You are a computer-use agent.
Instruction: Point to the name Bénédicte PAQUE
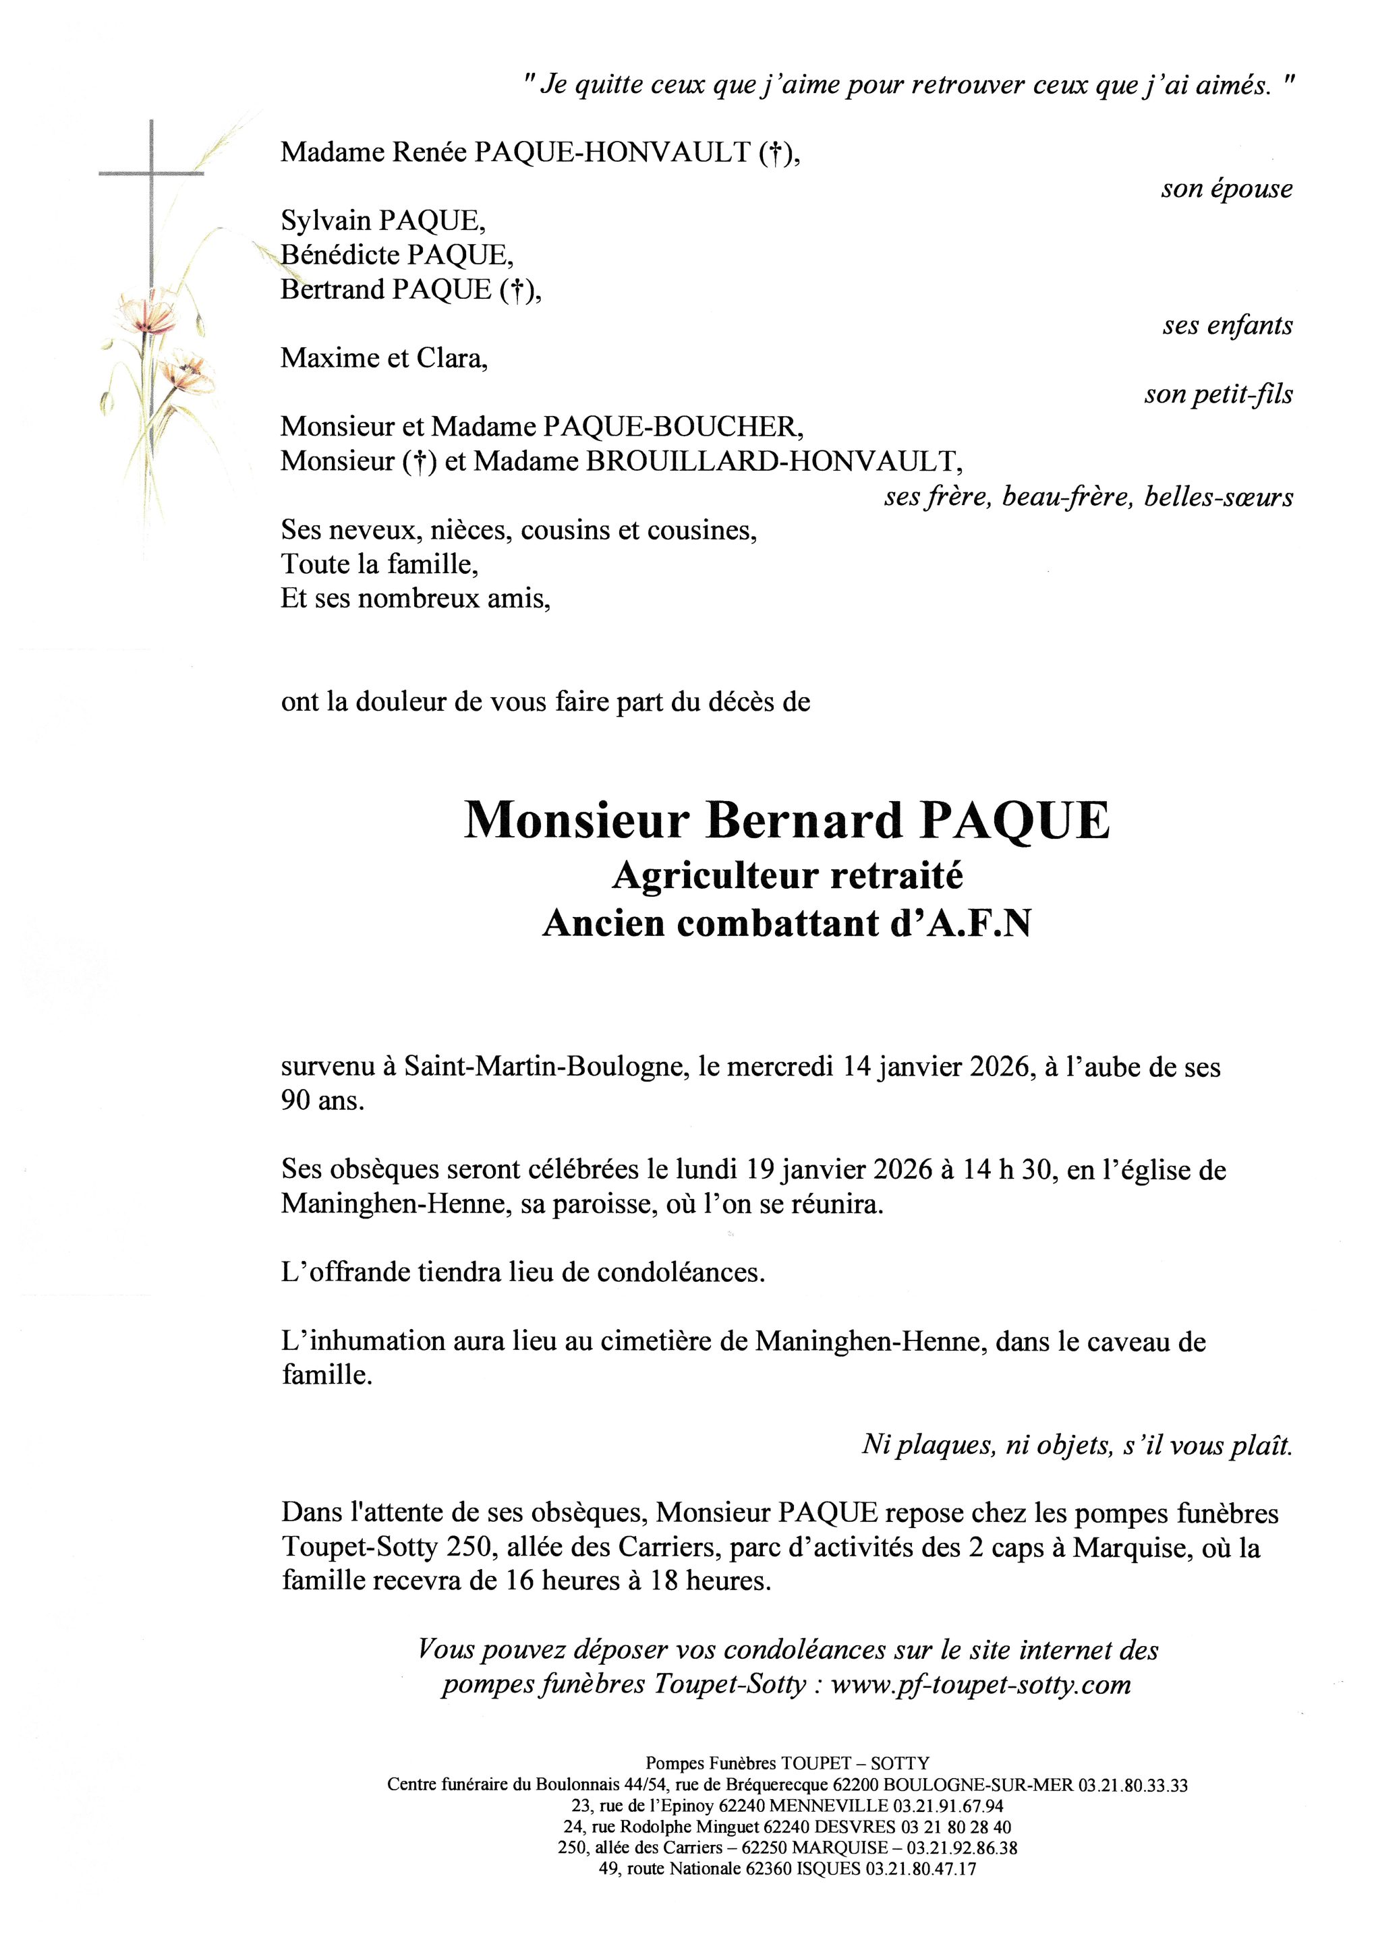click(x=397, y=255)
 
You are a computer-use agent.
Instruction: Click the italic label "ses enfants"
click(x=1228, y=326)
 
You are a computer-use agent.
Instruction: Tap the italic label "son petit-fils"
click(x=1218, y=394)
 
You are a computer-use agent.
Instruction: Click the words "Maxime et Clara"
click(x=384, y=359)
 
